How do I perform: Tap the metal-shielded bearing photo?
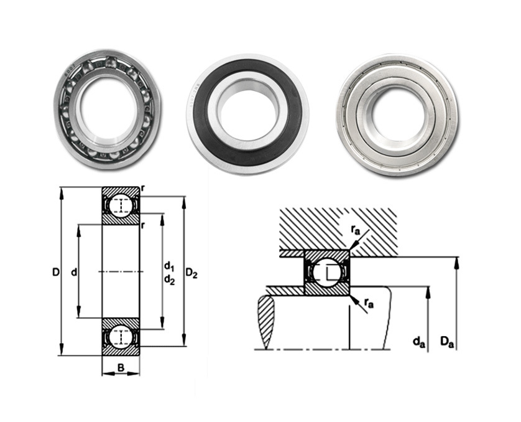(x=397, y=115)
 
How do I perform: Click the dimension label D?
(x=56, y=273)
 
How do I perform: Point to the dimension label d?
(x=74, y=273)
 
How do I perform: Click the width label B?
(x=121, y=367)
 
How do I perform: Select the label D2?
(x=191, y=273)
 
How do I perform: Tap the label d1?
(x=169, y=266)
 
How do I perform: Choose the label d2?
(x=169, y=280)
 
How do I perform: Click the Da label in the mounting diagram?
(x=447, y=342)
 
